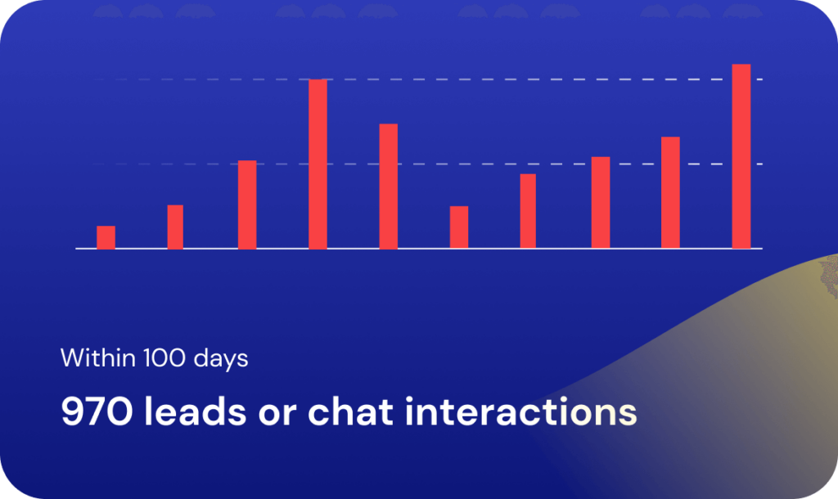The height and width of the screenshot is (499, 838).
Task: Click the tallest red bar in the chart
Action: [x=741, y=156]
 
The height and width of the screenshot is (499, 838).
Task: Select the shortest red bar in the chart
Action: [x=106, y=237]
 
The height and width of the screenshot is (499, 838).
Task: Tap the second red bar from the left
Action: [x=175, y=227]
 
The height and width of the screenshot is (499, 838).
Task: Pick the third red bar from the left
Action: [x=247, y=205]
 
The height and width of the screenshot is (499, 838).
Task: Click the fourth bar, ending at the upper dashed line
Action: [x=318, y=164]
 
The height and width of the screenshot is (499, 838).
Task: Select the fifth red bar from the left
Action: [x=389, y=187]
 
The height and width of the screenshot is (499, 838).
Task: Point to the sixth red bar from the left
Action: [x=459, y=227]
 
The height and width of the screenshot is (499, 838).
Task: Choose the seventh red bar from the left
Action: [x=528, y=211]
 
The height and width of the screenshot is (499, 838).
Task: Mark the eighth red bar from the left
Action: [x=601, y=203]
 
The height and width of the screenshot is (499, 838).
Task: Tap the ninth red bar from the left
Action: [x=671, y=193]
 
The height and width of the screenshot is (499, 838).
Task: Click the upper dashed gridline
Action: [x=427, y=79]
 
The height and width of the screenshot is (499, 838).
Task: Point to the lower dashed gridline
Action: [x=427, y=164]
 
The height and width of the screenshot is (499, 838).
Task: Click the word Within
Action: [x=98, y=358]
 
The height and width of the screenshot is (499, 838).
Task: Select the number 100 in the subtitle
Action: [x=164, y=358]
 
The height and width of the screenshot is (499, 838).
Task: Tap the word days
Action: [x=221, y=359]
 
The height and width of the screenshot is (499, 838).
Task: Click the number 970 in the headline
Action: [x=97, y=412]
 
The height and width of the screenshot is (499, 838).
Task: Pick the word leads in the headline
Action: [x=195, y=411]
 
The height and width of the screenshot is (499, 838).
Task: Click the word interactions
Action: [x=521, y=411]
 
